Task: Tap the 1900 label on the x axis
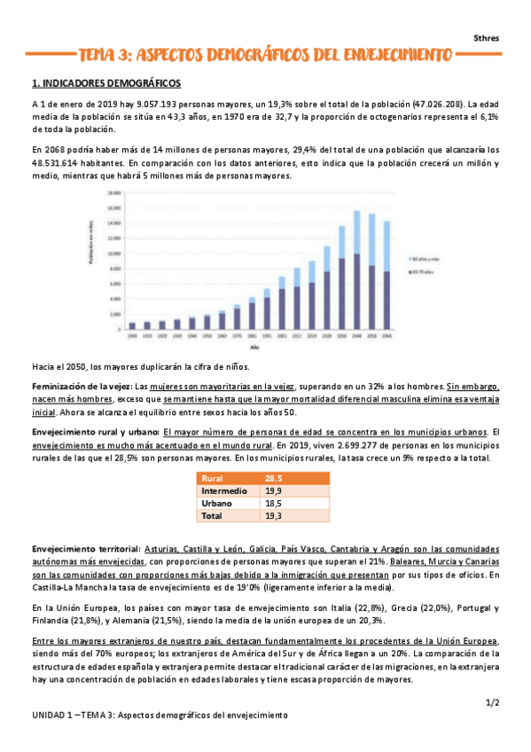[x=132, y=337]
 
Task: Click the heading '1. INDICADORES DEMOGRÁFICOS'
[x=106, y=83]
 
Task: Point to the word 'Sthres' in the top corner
[x=486, y=38]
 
